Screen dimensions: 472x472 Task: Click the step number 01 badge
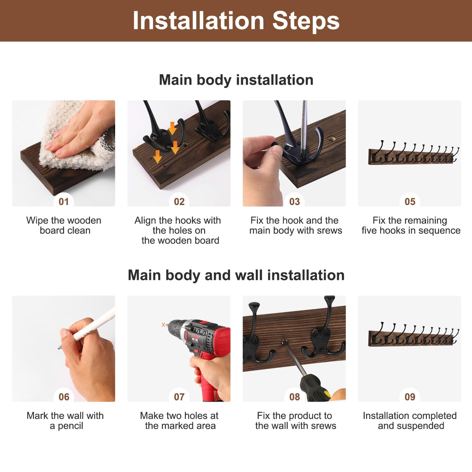tap(64, 201)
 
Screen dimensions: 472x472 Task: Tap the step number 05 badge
tap(410, 201)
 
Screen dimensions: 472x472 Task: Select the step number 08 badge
tap(294, 397)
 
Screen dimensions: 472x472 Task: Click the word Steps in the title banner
tap(306, 21)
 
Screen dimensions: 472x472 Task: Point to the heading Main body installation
tap(236, 80)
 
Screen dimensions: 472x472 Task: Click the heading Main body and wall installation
tap(236, 275)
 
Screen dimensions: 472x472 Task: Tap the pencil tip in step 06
tap(59, 348)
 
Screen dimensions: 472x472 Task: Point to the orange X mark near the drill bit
tap(163, 325)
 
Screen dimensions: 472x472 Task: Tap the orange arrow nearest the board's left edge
tap(157, 157)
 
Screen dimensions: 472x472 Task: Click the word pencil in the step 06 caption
tap(70, 426)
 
